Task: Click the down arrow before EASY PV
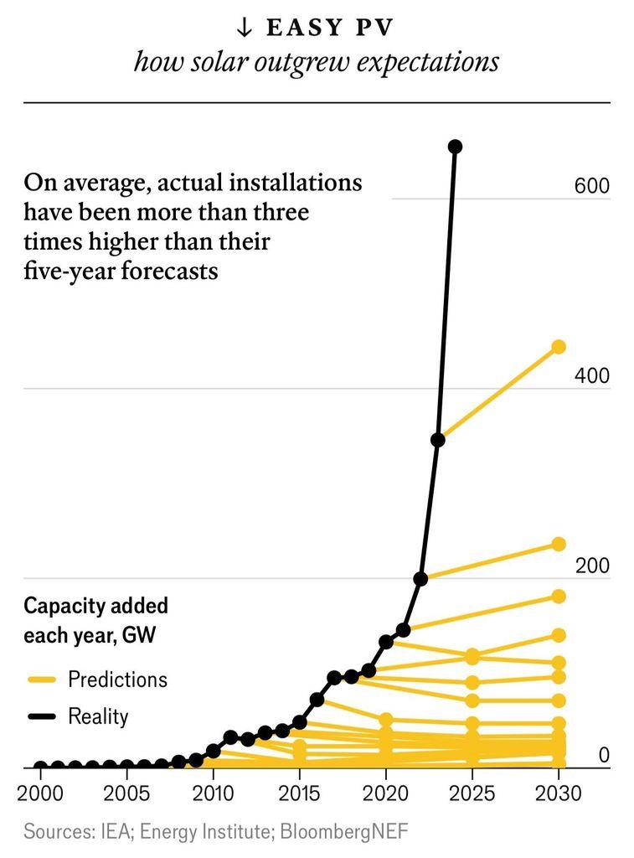(245, 28)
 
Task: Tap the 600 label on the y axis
(591, 187)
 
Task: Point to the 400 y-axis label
(591, 376)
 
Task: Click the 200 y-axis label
(591, 566)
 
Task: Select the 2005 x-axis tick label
(126, 793)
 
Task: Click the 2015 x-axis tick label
(299, 793)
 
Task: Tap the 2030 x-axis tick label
(559, 793)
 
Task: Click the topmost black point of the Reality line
(455, 147)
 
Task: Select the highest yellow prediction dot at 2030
(559, 347)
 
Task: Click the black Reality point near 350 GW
(437, 440)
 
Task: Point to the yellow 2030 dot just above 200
(559, 545)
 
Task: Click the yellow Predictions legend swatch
(41, 680)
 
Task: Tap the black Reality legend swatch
(41, 716)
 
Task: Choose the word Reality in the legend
(98, 716)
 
